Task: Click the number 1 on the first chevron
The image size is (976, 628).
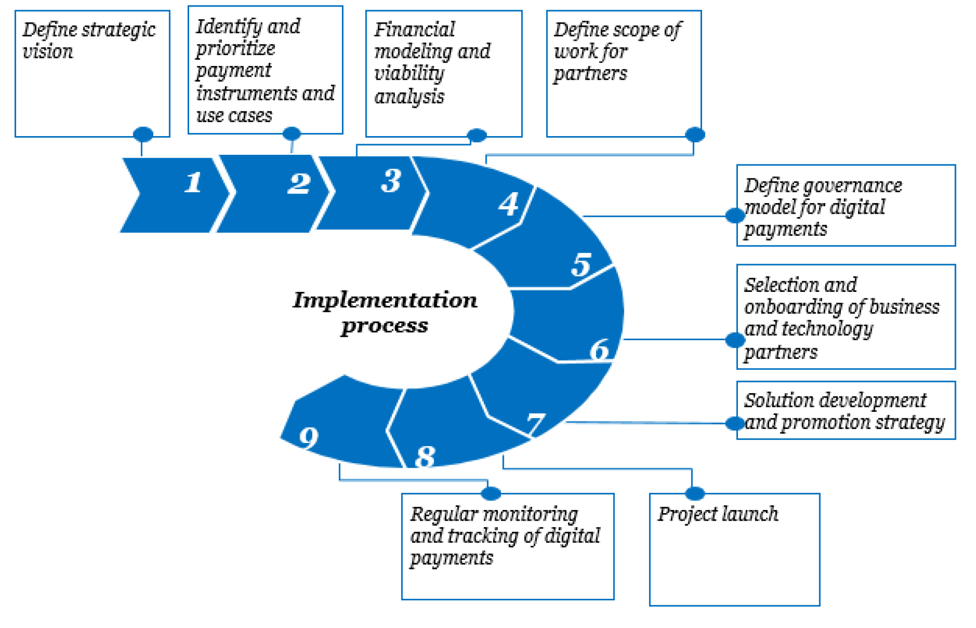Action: pos(193,182)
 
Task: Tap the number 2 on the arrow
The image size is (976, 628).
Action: pos(299,183)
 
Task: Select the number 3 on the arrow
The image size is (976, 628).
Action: pos(391,180)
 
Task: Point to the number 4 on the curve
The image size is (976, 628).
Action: pos(508,204)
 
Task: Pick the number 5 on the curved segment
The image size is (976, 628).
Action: pos(581,264)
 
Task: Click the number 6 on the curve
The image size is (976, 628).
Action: pos(600,349)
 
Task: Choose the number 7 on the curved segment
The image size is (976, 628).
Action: pos(536,423)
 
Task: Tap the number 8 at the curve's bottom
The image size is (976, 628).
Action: pos(425,457)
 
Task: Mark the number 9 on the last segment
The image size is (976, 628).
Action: pos(309,437)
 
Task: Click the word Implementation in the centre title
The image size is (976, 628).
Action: pos(385,300)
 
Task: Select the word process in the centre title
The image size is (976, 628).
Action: pos(384,326)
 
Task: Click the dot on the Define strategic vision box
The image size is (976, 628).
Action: pos(143,134)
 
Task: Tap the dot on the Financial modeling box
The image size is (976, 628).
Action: pos(477,135)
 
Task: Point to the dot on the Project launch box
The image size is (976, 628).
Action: pos(695,493)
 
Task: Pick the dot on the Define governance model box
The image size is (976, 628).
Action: pos(735,216)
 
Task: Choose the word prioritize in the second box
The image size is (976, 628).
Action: pos(236,49)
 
